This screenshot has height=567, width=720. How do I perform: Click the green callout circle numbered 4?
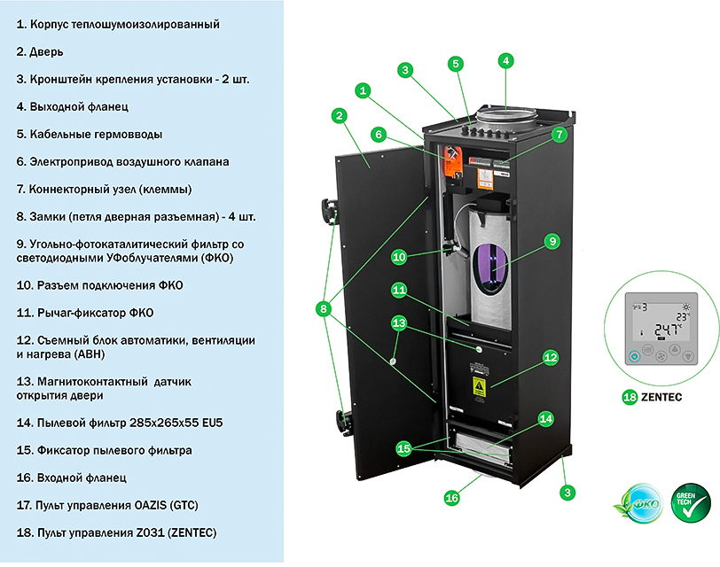click(505, 60)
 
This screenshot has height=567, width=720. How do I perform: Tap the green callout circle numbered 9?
click(552, 241)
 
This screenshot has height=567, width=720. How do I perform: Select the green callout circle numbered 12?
click(550, 357)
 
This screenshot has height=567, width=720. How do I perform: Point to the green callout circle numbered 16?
click(452, 498)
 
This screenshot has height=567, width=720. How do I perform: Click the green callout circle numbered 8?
click(324, 308)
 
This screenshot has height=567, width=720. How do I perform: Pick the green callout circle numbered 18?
click(630, 397)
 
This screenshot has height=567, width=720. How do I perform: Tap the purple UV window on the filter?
click(492, 269)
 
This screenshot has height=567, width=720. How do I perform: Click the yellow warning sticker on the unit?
click(479, 387)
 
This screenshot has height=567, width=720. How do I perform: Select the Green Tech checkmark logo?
click(691, 503)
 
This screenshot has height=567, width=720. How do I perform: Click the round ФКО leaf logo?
click(638, 504)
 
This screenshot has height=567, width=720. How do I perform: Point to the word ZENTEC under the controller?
click(661, 397)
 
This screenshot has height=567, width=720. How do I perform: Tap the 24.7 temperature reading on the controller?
click(667, 330)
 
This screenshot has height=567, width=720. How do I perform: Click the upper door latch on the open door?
click(330, 211)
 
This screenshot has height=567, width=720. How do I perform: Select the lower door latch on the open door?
click(344, 422)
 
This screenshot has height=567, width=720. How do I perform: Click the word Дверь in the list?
click(46, 52)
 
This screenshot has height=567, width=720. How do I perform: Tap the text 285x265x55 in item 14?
click(164, 423)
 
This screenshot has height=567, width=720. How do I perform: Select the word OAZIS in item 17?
click(151, 506)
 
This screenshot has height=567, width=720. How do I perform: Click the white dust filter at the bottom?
click(482, 445)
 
